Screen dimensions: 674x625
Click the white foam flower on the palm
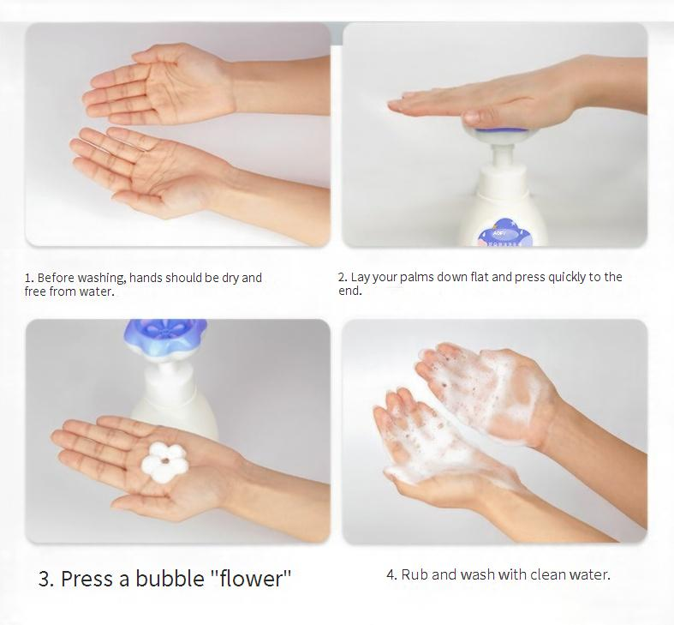coord(164,462)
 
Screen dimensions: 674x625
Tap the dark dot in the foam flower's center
coord(164,462)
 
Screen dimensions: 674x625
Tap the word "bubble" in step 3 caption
coord(170,578)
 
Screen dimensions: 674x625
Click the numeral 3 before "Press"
coord(45,579)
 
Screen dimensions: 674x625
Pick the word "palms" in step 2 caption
coord(417,278)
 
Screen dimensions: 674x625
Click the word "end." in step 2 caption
coord(350,291)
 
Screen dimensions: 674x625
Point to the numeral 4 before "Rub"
coord(391,574)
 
